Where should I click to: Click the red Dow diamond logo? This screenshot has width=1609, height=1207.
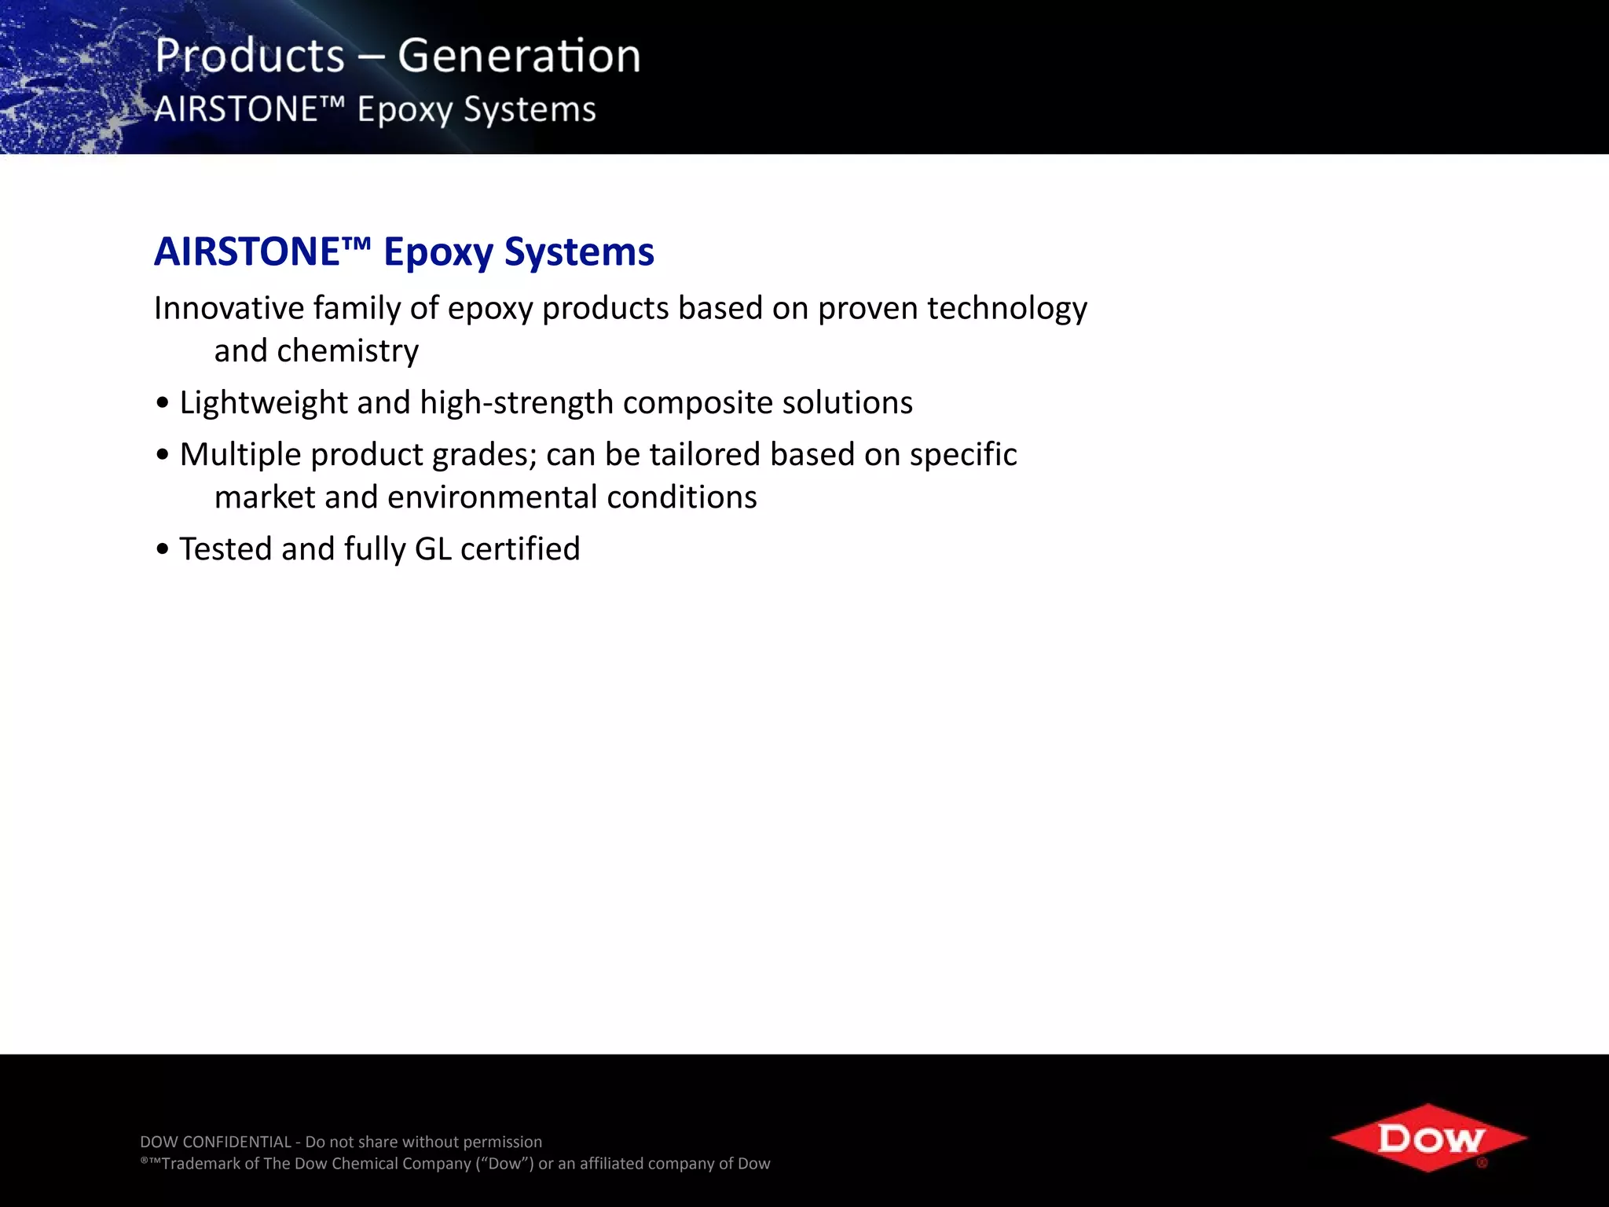(x=1429, y=1138)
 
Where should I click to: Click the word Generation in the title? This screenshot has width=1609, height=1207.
(x=519, y=57)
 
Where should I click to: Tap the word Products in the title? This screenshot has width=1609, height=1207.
(x=250, y=57)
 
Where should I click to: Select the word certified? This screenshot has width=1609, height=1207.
(x=520, y=548)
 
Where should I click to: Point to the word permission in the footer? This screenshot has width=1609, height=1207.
(x=503, y=1142)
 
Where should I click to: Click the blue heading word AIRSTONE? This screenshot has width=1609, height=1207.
(x=247, y=252)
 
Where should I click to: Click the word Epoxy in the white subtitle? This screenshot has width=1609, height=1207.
(x=405, y=110)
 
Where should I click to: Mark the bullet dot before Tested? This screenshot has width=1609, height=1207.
(x=163, y=549)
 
